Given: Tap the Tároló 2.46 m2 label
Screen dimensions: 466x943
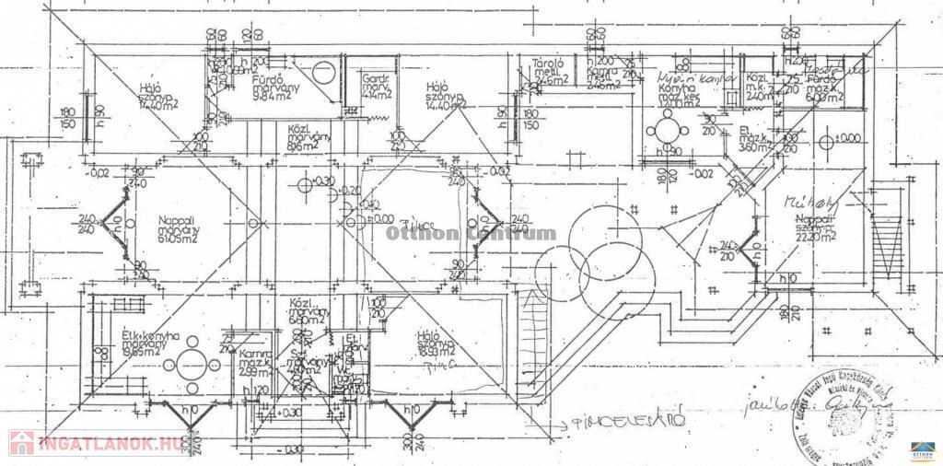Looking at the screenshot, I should point(550,72).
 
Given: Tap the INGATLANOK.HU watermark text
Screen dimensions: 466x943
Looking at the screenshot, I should point(106,444).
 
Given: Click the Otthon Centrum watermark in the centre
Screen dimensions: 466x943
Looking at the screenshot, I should point(471,233).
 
